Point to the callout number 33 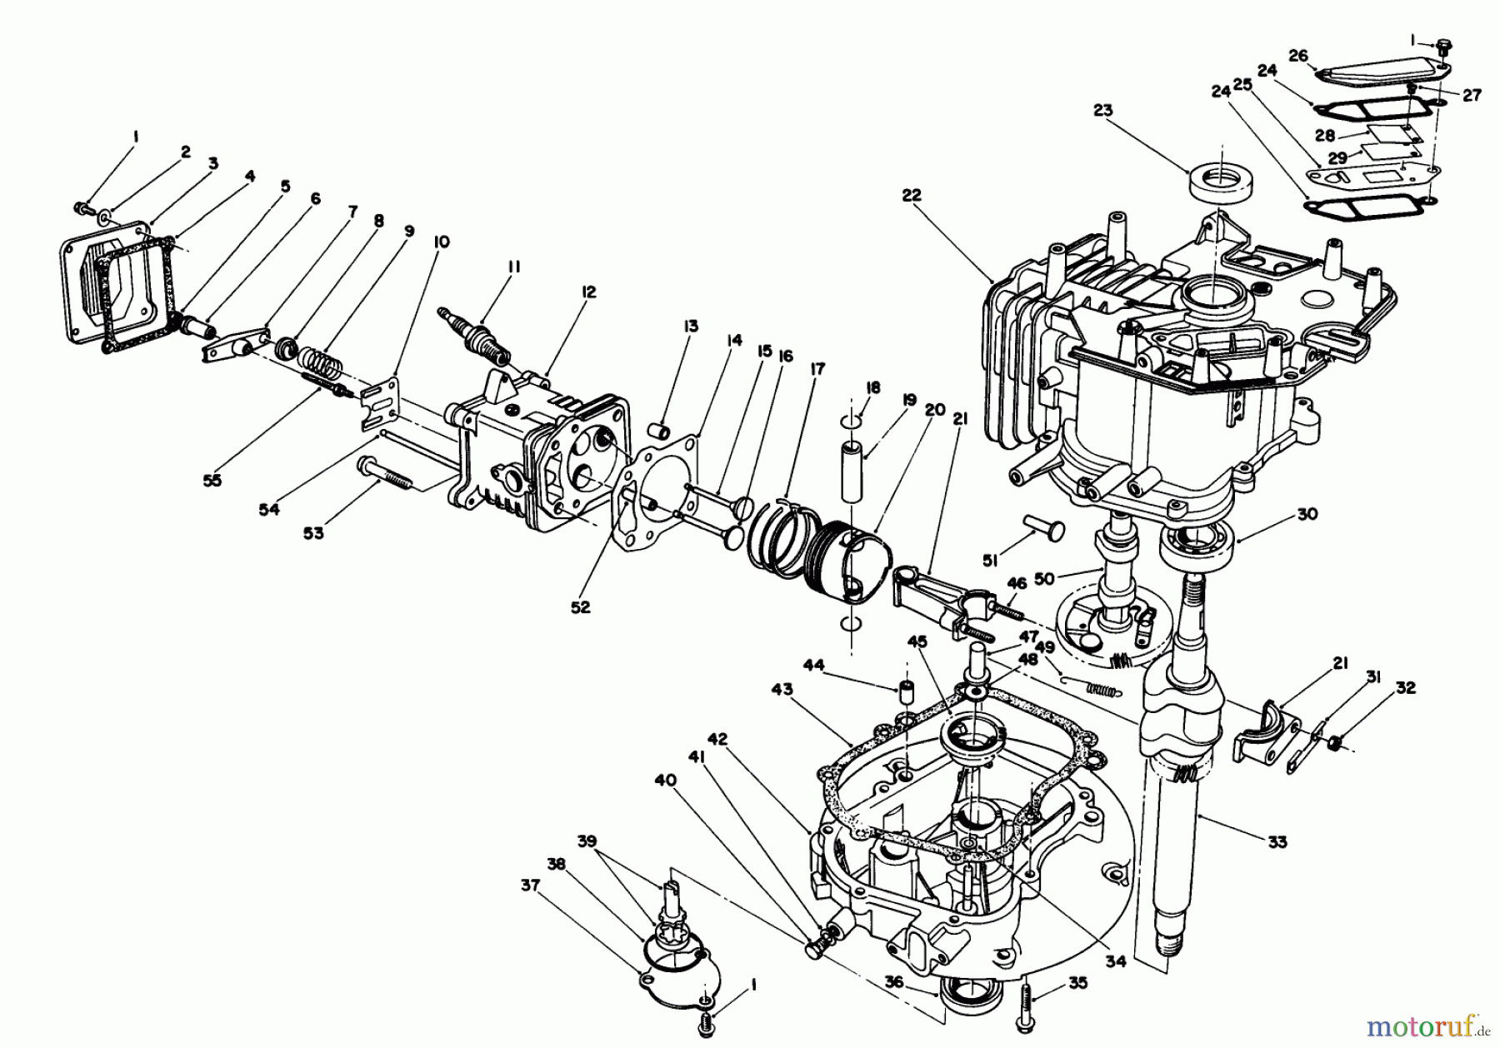[1277, 841]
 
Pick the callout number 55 [212, 480]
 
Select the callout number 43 [782, 691]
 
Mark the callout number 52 [580, 607]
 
